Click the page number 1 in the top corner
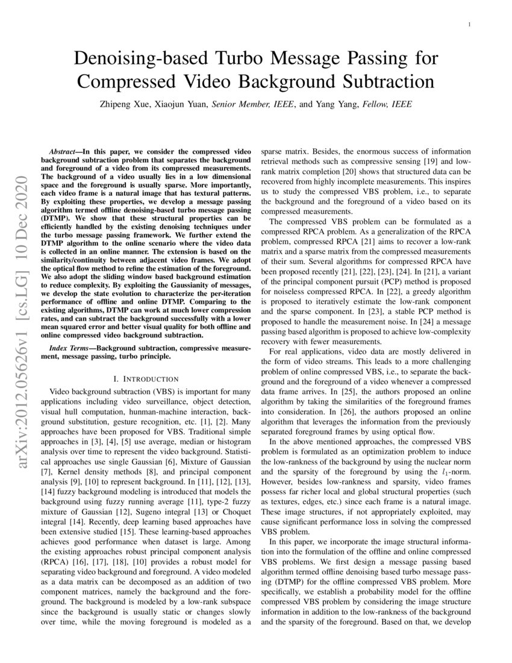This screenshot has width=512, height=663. pos(469,25)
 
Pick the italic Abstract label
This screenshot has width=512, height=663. pos(64,148)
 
